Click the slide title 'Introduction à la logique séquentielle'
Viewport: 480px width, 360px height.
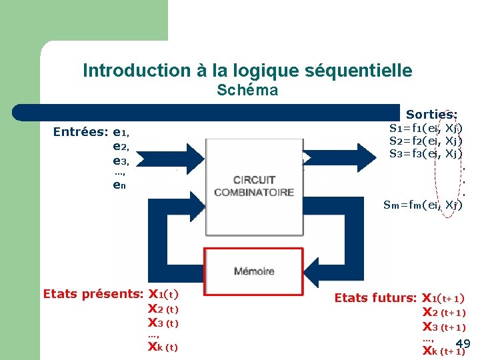(x=247, y=70)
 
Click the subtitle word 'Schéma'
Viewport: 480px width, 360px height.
(x=247, y=90)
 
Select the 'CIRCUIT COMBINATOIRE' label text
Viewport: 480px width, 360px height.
(x=253, y=186)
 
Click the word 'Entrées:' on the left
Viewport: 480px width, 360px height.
(x=81, y=132)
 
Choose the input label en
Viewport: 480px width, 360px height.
(x=120, y=186)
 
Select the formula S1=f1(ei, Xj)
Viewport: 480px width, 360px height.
(x=425, y=128)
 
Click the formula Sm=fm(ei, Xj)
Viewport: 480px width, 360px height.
(x=423, y=205)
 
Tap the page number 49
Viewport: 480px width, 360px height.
(x=464, y=344)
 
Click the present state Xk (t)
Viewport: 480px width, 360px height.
(x=163, y=347)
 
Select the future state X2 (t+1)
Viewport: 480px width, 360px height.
(x=444, y=312)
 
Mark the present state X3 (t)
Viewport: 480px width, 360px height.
(x=163, y=323)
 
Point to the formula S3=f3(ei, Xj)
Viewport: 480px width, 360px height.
(x=425, y=154)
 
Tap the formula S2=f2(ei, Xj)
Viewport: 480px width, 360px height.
(x=425, y=141)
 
